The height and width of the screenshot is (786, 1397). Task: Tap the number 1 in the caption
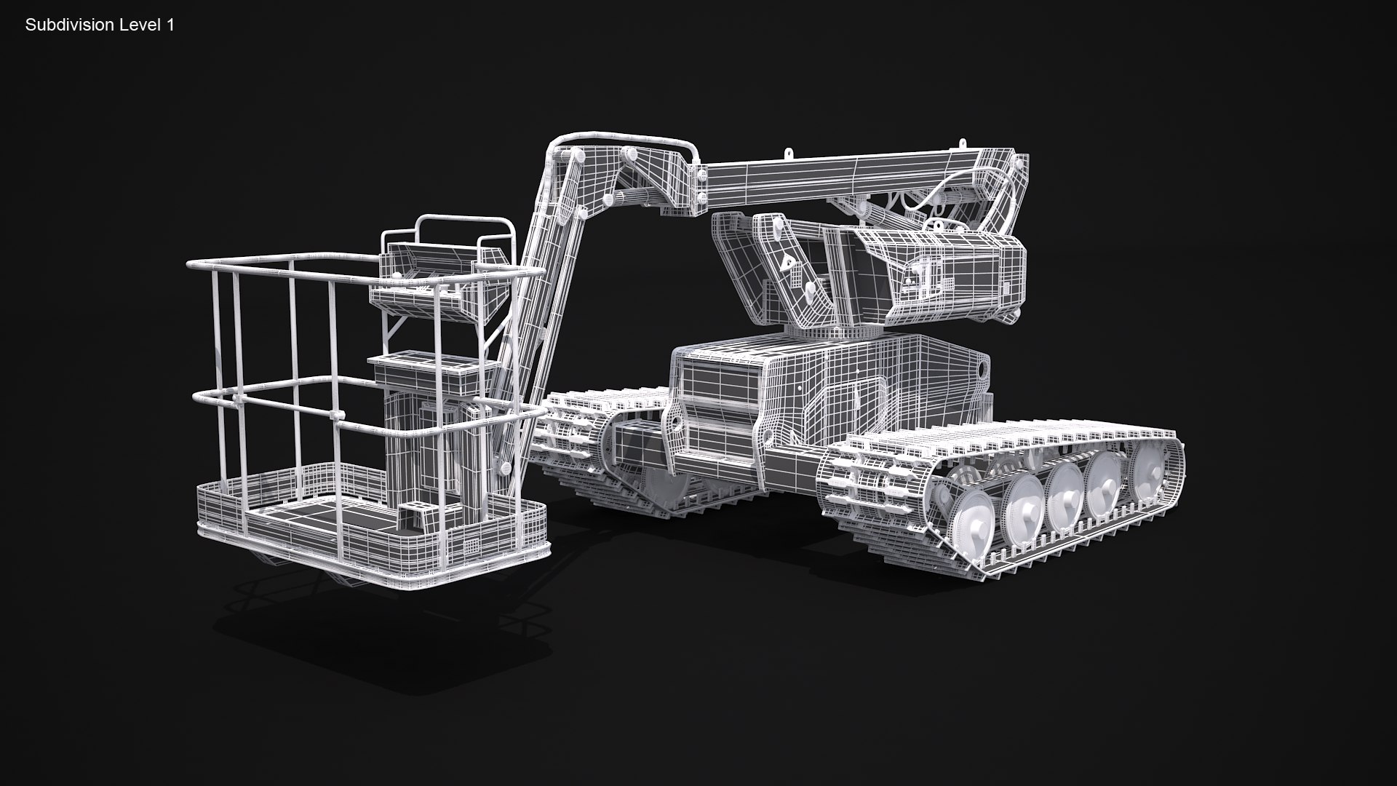[170, 25]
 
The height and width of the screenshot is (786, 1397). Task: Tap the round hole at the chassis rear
[984, 369]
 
